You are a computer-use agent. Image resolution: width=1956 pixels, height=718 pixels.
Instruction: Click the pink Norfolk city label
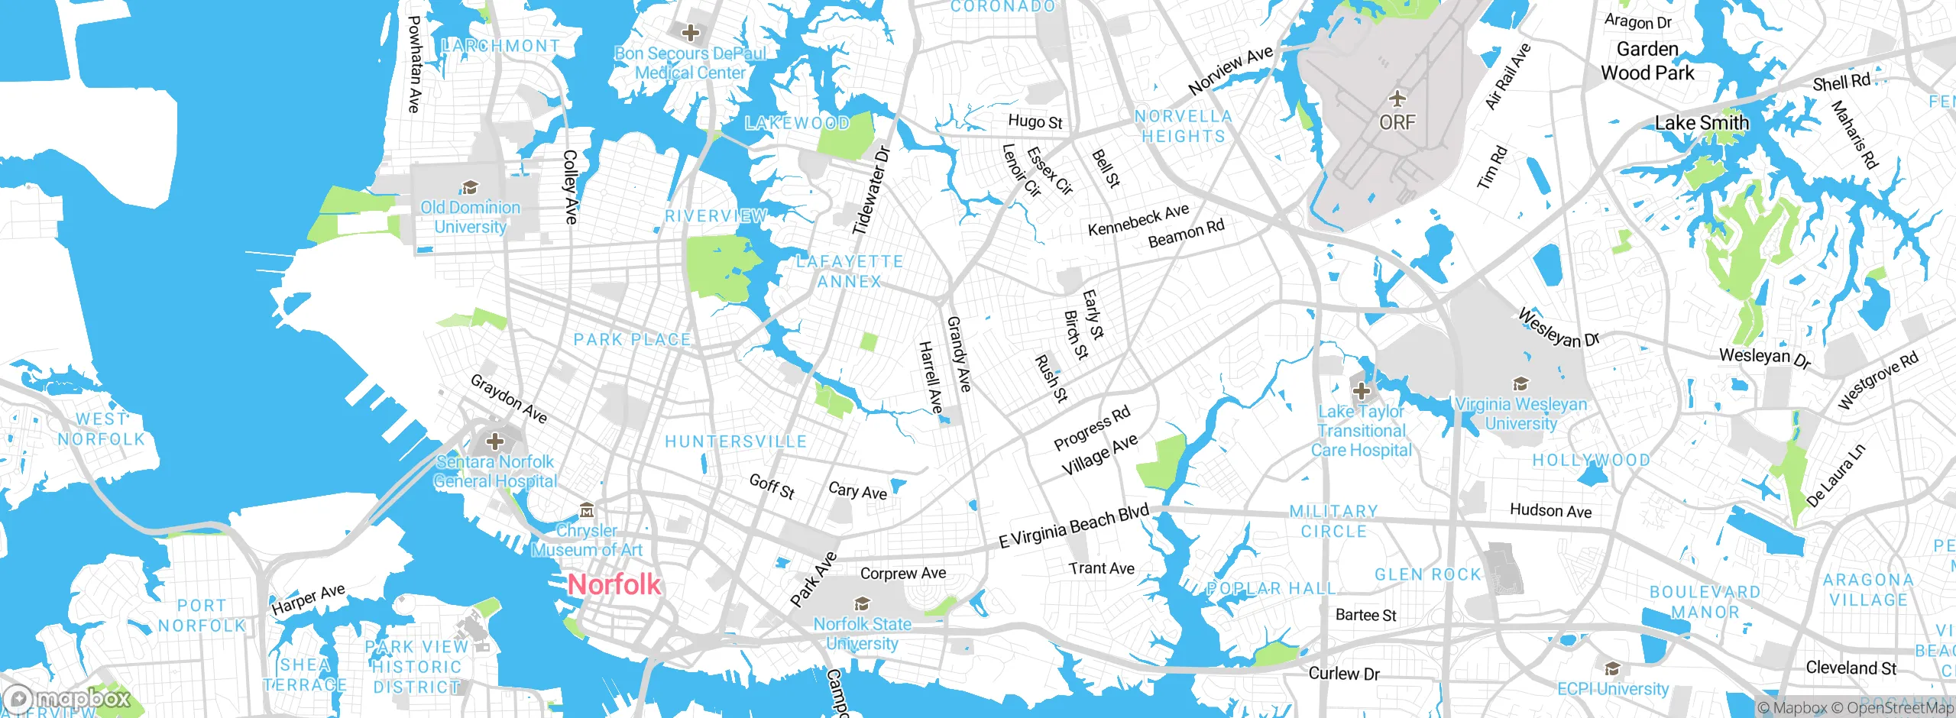tap(614, 584)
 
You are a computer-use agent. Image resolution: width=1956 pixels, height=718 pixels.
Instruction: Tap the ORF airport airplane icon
tap(1397, 99)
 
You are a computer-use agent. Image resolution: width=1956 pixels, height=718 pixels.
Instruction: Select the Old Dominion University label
tap(470, 217)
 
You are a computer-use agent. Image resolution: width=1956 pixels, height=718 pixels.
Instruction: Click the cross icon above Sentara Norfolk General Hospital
tap(495, 441)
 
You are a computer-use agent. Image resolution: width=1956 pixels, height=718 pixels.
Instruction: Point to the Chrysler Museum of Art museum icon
tap(586, 509)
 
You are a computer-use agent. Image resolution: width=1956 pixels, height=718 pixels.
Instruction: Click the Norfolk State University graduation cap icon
tap(862, 604)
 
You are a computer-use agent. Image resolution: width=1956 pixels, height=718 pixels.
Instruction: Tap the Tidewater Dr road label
tap(872, 191)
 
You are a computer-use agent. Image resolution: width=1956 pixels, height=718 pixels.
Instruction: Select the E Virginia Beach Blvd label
tap(1074, 526)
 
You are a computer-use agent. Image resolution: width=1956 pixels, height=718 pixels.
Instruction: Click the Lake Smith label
tap(1702, 123)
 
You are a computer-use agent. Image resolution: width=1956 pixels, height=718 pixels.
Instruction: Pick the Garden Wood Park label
tap(1647, 61)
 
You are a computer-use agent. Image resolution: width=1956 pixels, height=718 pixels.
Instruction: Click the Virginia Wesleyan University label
tap(1520, 413)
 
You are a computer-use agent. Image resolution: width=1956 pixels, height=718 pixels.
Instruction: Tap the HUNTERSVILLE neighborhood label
tap(736, 441)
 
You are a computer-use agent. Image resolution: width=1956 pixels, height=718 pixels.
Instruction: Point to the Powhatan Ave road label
tap(414, 64)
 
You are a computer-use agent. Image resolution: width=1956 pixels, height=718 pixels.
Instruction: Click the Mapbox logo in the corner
tap(67, 698)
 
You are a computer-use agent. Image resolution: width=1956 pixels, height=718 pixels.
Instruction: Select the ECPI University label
tap(1613, 688)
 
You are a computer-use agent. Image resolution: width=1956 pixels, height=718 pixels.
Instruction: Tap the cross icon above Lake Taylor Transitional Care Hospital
tap(1361, 392)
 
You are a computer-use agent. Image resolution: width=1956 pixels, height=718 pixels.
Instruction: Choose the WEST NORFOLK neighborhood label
tap(101, 429)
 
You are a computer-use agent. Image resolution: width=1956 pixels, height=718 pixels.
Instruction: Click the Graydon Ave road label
tap(509, 398)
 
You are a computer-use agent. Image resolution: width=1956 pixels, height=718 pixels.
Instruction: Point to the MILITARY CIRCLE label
tap(1333, 521)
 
